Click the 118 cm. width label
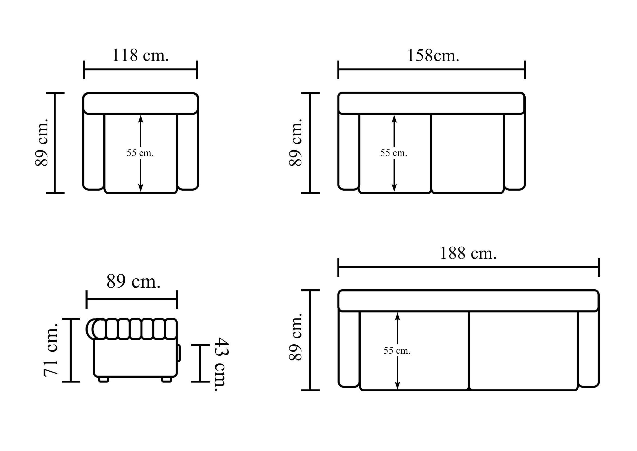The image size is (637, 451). (140, 55)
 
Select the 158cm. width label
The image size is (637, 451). (433, 56)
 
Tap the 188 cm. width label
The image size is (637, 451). (468, 253)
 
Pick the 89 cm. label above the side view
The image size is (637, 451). (133, 282)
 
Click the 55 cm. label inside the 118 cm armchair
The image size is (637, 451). (140, 153)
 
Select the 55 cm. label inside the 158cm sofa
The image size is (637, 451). (394, 153)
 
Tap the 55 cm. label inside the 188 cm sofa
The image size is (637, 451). (397, 351)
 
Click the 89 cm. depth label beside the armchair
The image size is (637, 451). (41, 142)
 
